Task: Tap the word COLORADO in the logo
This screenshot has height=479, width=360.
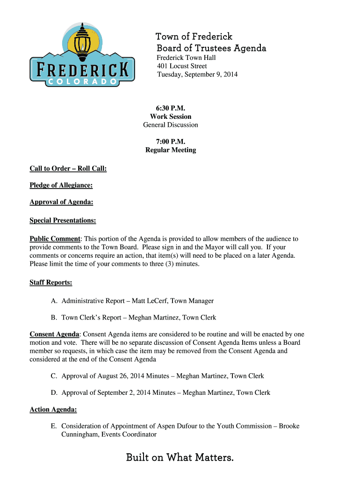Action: click(x=82, y=82)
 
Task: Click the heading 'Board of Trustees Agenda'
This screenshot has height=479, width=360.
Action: click(x=211, y=48)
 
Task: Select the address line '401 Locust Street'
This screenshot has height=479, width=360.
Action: click(x=182, y=66)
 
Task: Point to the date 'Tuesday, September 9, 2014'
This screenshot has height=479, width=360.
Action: click(x=197, y=74)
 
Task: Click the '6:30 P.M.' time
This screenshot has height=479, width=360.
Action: click(x=171, y=108)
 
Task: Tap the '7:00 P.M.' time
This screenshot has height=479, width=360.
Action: click(x=171, y=142)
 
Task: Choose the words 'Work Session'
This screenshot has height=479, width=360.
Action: click(x=171, y=116)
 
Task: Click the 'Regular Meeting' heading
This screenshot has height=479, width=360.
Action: click(x=171, y=150)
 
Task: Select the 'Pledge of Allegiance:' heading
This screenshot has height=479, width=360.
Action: click(x=61, y=185)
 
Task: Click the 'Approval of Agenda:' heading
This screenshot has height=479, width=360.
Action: click(x=61, y=202)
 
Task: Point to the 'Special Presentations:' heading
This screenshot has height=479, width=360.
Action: click(x=63, y=220)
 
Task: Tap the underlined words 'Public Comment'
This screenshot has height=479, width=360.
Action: click(x=55, y=239)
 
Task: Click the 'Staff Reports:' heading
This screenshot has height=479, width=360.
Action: click(x=50, y=283)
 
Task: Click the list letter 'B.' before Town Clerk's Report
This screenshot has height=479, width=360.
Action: click(x=54, y=318)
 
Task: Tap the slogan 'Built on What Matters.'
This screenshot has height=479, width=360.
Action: click(x=180, y=457)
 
